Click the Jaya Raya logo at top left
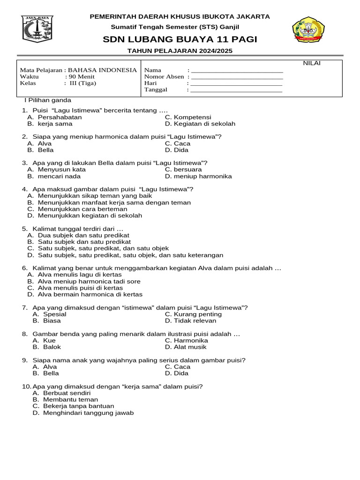click(x=37, y=29)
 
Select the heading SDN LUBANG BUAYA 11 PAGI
click(x=180, y=39)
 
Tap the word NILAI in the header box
click(x=312, y=63)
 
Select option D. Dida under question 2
click(x=177, y=150)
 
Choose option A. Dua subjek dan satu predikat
click(x=78, y=235)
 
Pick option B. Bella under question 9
click(x=46, y=373)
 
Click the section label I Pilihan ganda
click(x=47, y=100)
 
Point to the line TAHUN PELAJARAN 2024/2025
click(x=180, y=51)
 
